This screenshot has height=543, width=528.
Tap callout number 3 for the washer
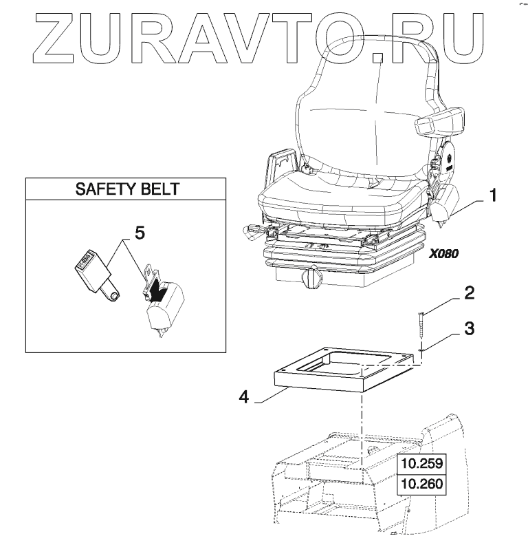[469, 328]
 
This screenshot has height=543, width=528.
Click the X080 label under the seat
[443, 253]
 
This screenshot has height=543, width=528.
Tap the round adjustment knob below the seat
[313, 278]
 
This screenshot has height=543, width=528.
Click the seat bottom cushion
[337, 200]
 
